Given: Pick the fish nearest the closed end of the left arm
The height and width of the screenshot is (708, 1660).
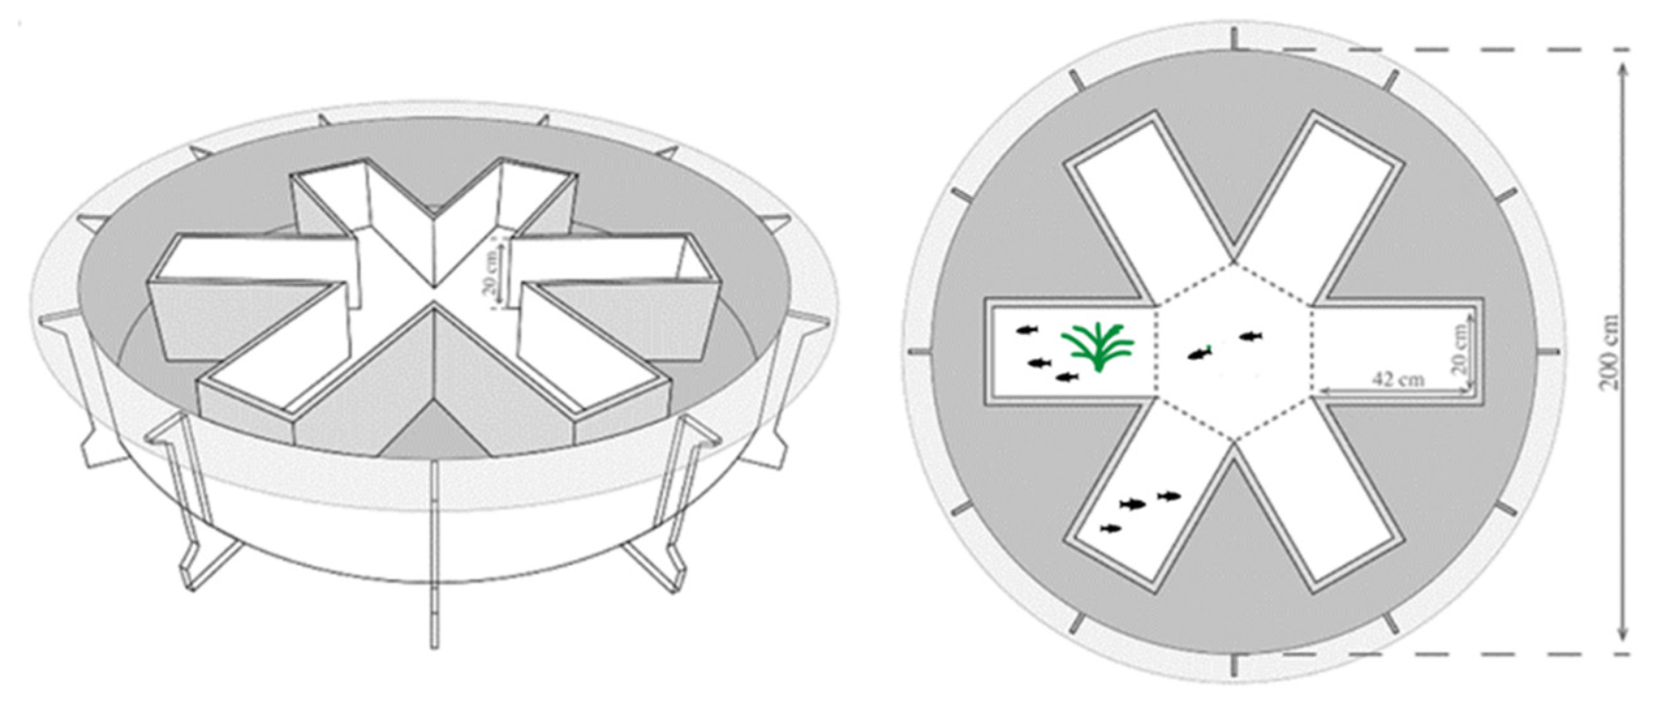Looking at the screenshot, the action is click(x=1027, y=330).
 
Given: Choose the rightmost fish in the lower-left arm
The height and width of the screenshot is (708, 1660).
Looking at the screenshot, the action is click(x=1169, y=496).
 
